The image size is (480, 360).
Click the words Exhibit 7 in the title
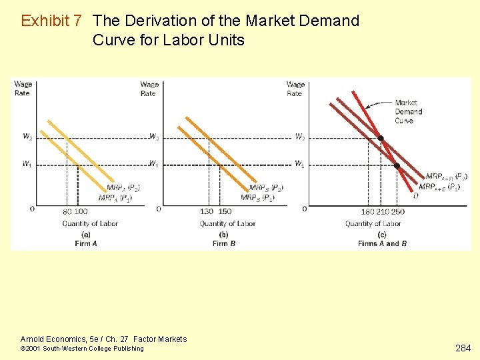pos(51,21)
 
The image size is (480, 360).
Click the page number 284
pos(463,348)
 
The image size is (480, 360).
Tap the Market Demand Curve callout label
pos(407,111)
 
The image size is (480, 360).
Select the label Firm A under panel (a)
pos(86,243)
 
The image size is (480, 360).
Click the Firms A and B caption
pos(382,243)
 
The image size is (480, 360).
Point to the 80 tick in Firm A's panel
pos(67,211)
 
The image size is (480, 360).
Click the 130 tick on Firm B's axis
pos(207,211)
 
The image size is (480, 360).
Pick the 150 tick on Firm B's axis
pos(225,211)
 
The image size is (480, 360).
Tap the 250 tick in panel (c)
pos(398,211)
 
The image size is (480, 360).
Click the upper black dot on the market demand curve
pos(381,139)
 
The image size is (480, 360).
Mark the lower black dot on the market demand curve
pos(397,165)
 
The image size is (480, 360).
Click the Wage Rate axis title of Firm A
pos(23,89)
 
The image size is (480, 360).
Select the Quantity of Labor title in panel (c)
pos(373,223)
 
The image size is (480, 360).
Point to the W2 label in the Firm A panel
pos(27,137)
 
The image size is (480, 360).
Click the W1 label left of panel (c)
pos(300,164)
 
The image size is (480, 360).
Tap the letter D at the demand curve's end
pos(416,196)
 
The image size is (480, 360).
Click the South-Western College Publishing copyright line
pos(82,349)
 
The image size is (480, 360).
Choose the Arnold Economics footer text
pos(103,339)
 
